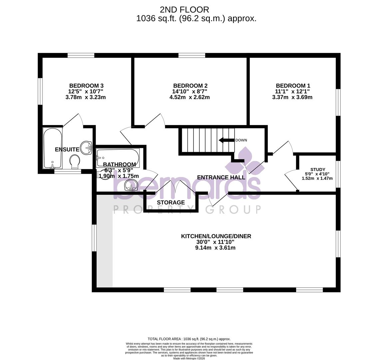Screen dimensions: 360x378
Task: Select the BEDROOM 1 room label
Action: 293,86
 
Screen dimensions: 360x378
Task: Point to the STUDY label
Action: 317,169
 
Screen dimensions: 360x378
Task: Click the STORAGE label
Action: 171,202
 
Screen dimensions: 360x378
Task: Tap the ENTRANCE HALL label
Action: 221,177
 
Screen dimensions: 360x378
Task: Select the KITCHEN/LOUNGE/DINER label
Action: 216,236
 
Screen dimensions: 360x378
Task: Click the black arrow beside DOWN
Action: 226,140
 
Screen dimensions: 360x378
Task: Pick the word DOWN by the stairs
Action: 241,140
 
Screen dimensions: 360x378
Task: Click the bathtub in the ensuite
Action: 53,148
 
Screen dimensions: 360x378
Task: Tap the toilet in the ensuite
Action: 75,162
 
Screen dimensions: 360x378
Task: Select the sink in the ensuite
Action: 86,147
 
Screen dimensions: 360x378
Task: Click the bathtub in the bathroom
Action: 118,157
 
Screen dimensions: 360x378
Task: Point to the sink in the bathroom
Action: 131,185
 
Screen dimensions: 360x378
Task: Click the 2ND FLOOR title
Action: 184,10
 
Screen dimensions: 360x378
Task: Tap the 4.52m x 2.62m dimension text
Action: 189,97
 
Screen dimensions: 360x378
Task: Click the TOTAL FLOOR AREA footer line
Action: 189,339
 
